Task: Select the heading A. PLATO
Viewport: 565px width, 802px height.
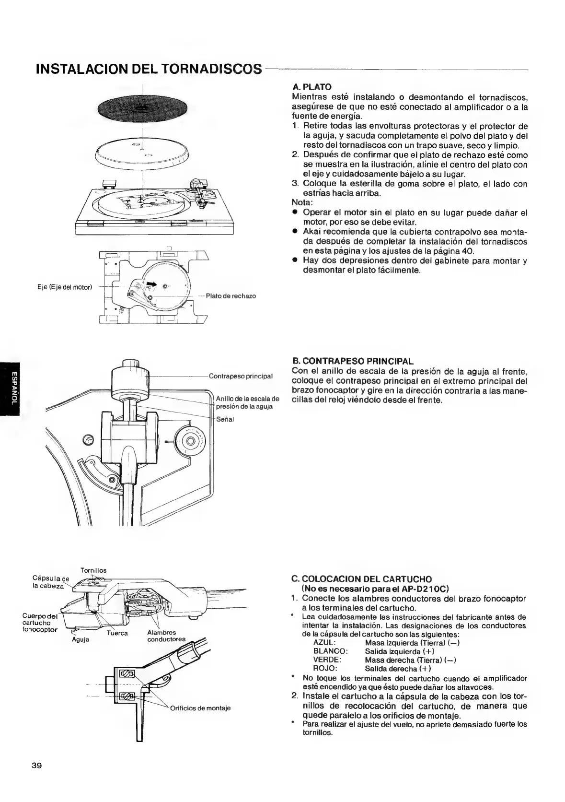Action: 311,87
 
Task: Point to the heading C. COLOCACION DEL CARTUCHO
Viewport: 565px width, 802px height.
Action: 361,579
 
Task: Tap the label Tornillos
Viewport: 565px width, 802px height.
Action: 93,570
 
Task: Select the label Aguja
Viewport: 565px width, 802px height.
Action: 81,639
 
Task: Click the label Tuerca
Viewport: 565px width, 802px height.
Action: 117,633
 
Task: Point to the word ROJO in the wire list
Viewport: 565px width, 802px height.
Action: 325,669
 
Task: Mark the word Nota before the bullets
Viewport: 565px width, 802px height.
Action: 302,203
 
